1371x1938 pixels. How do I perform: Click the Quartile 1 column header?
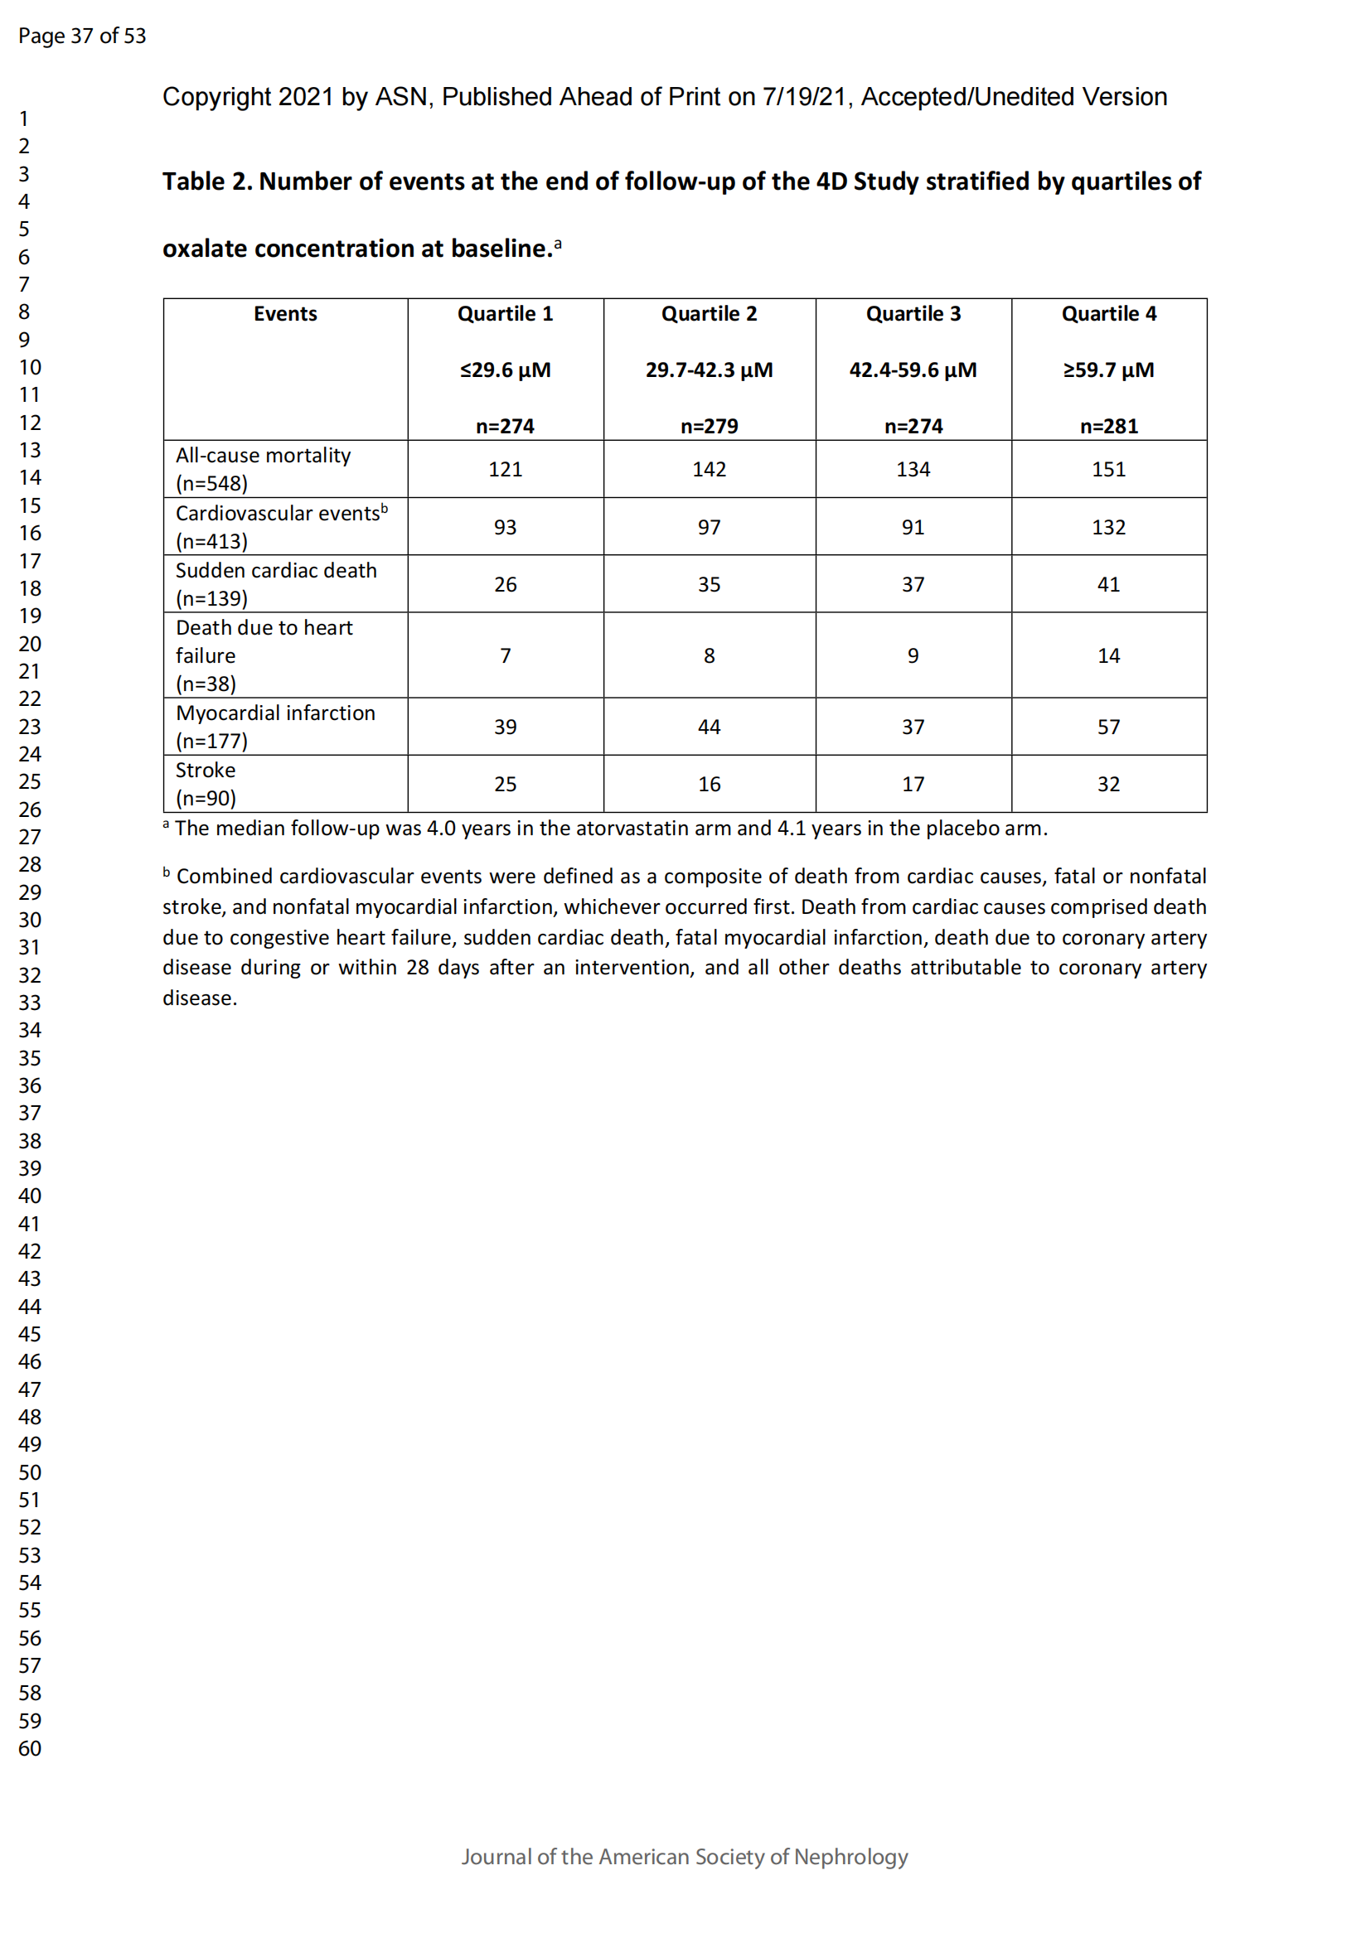click(x=505, y=314)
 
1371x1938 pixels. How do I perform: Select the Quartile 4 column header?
click(x=1108, y=314)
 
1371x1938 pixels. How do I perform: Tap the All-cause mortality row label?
click(x=263, y=456)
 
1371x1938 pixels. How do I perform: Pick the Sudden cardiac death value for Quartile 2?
click(x=710, y=584)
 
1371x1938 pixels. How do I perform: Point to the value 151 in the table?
click(x=1108, y=469)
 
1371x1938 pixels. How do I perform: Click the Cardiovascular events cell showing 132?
click(x=1108, y=528)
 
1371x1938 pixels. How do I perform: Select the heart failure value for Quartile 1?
click(x=505, y=656)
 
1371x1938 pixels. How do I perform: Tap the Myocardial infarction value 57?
click(x=1108, y=727)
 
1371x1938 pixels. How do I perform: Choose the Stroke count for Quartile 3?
click(x=913, y=784)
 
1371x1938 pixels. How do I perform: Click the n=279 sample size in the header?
click(x=710, y=426)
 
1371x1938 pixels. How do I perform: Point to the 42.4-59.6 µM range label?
click(x=913, y=370)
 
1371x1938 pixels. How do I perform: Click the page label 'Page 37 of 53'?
click(x=82, y=36)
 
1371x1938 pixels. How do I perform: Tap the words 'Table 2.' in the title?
click(x=207, y=181)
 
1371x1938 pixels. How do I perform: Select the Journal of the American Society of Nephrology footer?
click(x=685, y=1856)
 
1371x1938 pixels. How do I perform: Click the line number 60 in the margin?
click(x=30, y=1748)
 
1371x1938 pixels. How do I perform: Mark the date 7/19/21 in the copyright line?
click(x=804, y=97)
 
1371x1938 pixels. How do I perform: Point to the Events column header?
click(x=285, y=314)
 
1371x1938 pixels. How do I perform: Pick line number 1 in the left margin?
click(x=24, y=118)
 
